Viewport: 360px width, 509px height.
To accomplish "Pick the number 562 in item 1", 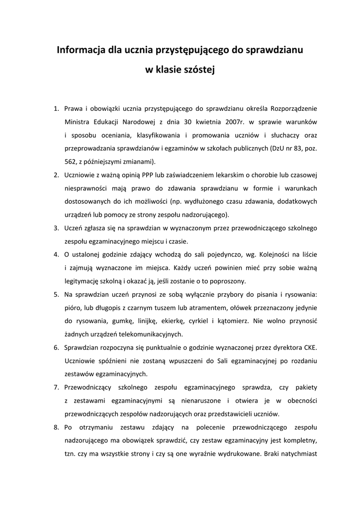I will pyautogui.click(x=71, y=162).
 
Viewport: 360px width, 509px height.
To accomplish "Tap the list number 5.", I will pyautogui.click(x=56, y=295).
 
